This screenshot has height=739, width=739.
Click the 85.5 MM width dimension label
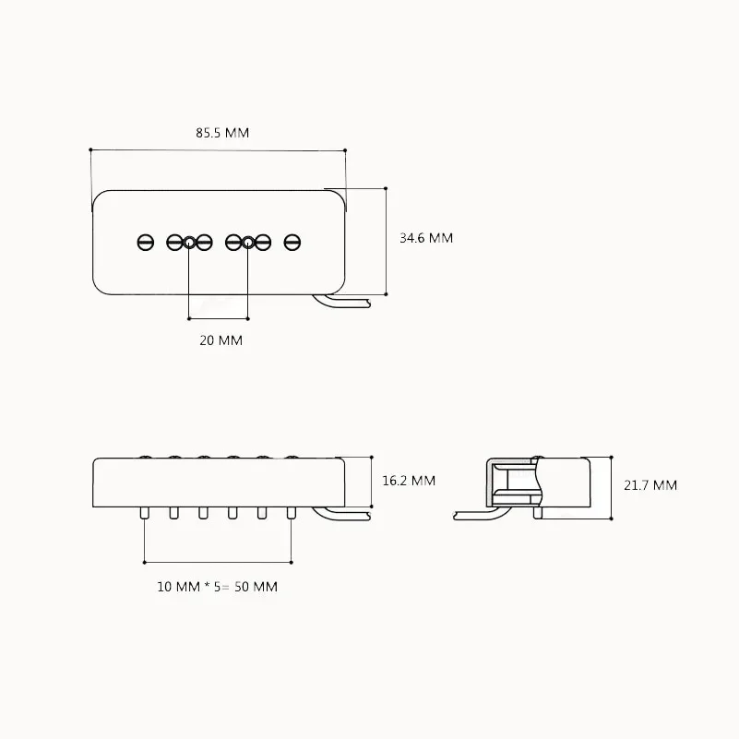point(222,133)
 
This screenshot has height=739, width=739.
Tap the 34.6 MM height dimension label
point(425,238)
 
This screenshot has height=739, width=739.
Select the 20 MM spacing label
point(221,340)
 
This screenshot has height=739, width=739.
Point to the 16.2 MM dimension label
point(409,481)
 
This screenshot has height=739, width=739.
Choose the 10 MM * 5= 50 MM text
point(217,587)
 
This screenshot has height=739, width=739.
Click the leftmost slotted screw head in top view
point(145,242)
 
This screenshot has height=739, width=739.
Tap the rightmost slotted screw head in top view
point(292,242)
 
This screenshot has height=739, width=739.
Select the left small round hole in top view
point(189,243)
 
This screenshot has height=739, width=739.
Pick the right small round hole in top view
point(248,243)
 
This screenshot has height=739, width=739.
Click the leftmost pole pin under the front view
point(145,512)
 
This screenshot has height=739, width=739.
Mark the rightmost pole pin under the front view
point(292,512)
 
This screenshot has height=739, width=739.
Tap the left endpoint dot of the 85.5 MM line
point(90,149)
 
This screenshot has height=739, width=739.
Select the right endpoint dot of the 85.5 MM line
point(344,149)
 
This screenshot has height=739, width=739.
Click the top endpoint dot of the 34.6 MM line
point(386,187)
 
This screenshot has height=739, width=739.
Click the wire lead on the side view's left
point(471,514)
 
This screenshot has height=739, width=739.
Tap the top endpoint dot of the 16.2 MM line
point(371,458)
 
